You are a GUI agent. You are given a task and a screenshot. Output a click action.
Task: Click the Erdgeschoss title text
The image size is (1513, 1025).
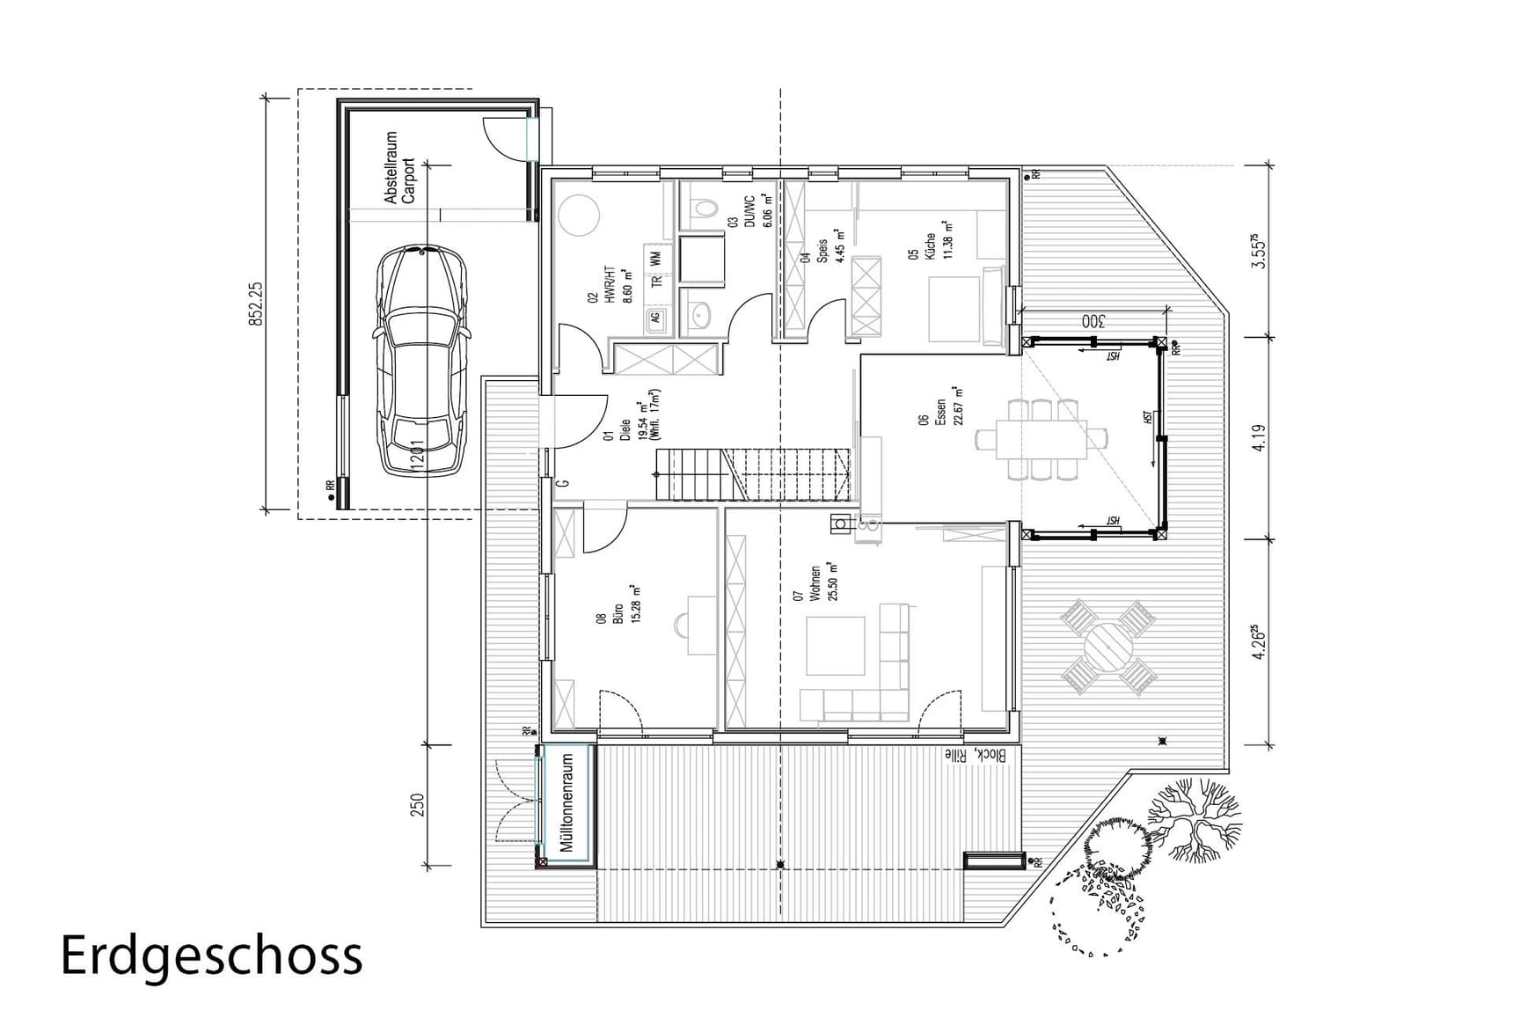point(211,955)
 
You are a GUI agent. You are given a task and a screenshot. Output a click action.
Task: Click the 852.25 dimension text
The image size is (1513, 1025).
point(256,304)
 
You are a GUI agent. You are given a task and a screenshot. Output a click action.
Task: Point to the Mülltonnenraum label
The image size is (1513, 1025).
point(567,802)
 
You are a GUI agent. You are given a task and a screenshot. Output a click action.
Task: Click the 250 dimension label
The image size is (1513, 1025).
point(417,805)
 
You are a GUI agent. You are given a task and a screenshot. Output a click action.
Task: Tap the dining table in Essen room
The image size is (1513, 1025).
point(1042,439)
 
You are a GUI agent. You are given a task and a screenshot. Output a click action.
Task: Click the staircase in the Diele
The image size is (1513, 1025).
point(752,474)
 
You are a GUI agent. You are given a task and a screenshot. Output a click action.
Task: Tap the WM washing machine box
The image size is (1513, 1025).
point(656,259)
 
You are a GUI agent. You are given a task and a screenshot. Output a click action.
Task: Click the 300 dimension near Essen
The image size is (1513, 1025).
point(1092,321)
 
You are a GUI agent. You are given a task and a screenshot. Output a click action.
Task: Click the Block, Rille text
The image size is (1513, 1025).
point(981,755)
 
